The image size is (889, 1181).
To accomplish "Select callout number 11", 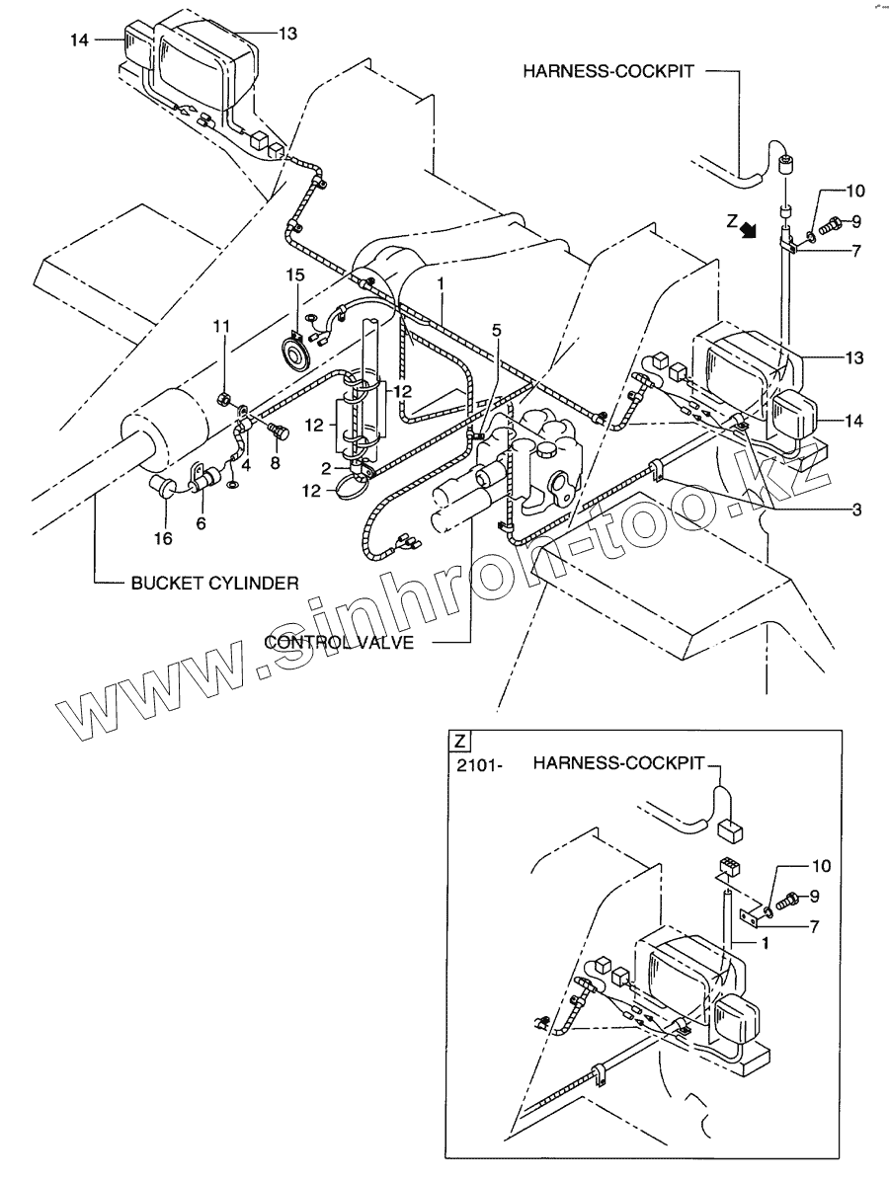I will pos(223,325).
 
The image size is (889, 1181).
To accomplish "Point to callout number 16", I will pos(162,538).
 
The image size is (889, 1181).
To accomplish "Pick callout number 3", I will pos(856,510).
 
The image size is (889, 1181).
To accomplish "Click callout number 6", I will pos(201,523).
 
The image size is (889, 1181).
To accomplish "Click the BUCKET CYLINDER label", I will pos(214,584).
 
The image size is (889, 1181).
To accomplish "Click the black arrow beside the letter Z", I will pos(751,230).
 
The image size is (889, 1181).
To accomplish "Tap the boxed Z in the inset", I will pos(458,741).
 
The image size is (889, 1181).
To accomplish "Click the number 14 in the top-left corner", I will pos(80,40).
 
